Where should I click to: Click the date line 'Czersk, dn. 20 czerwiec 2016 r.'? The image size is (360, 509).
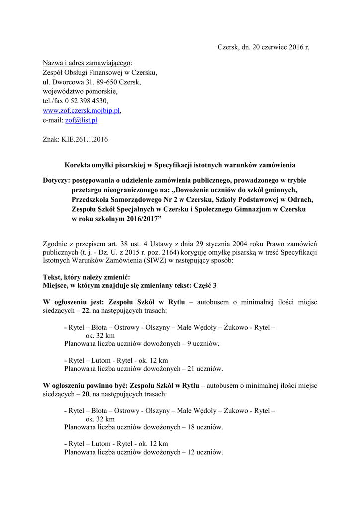pyautogui.click(x=263, y=47)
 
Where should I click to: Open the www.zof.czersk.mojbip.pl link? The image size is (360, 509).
pyautogui.click(x=82, y=111)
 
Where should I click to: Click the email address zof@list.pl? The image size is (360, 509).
pyautogui.click(x=81, y=120)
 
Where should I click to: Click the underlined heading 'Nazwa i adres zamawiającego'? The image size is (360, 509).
pyautogui.click(x=87, y=63)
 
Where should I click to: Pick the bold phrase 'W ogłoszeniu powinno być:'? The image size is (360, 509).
pyautogui.click(x=86, y=385)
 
